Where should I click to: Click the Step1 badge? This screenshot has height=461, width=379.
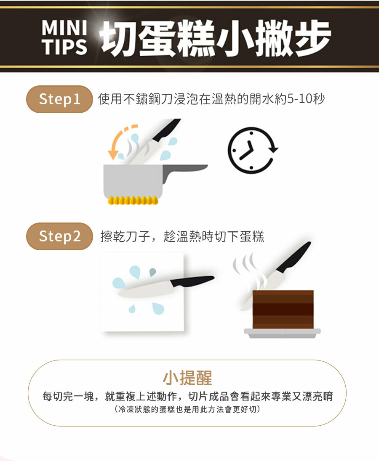59,99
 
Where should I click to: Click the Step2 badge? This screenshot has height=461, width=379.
59,236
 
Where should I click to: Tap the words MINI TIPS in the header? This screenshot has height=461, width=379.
64,37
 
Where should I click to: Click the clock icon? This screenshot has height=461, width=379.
253,150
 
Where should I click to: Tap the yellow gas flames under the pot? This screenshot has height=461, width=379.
133,200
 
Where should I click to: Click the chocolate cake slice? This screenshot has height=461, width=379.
283,309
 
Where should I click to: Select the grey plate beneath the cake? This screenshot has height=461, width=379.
282,333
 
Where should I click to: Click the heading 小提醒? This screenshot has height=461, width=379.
187,378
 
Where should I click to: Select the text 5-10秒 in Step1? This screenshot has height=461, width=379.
306,99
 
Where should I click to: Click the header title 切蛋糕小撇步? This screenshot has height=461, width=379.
215,38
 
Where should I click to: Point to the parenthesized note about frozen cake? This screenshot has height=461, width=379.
187,409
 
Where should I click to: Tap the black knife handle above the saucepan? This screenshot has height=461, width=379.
166,130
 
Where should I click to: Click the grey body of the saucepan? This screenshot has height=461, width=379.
133,180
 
